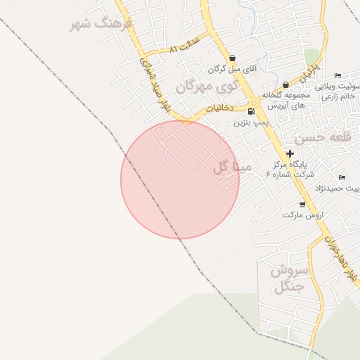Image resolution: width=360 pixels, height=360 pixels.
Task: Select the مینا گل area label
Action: tap(231, 167)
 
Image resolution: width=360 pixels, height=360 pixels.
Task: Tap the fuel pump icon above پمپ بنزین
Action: tap(251, 111)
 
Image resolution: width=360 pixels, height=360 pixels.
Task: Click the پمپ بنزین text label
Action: tap(250, 122)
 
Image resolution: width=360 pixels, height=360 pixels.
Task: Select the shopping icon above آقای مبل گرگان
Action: tap(232, 58)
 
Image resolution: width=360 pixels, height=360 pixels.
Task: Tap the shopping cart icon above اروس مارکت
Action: tap(302, 204)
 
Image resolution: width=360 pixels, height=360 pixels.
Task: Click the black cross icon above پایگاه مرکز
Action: tap(290, 153)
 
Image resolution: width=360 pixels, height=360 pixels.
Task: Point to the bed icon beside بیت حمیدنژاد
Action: tap(342, 177)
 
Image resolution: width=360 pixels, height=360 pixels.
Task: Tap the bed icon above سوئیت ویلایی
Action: tap(337, 76)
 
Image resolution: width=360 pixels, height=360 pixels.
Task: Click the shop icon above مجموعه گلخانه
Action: tap(285, 84)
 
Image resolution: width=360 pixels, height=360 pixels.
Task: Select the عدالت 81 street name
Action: tap(185, 46)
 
